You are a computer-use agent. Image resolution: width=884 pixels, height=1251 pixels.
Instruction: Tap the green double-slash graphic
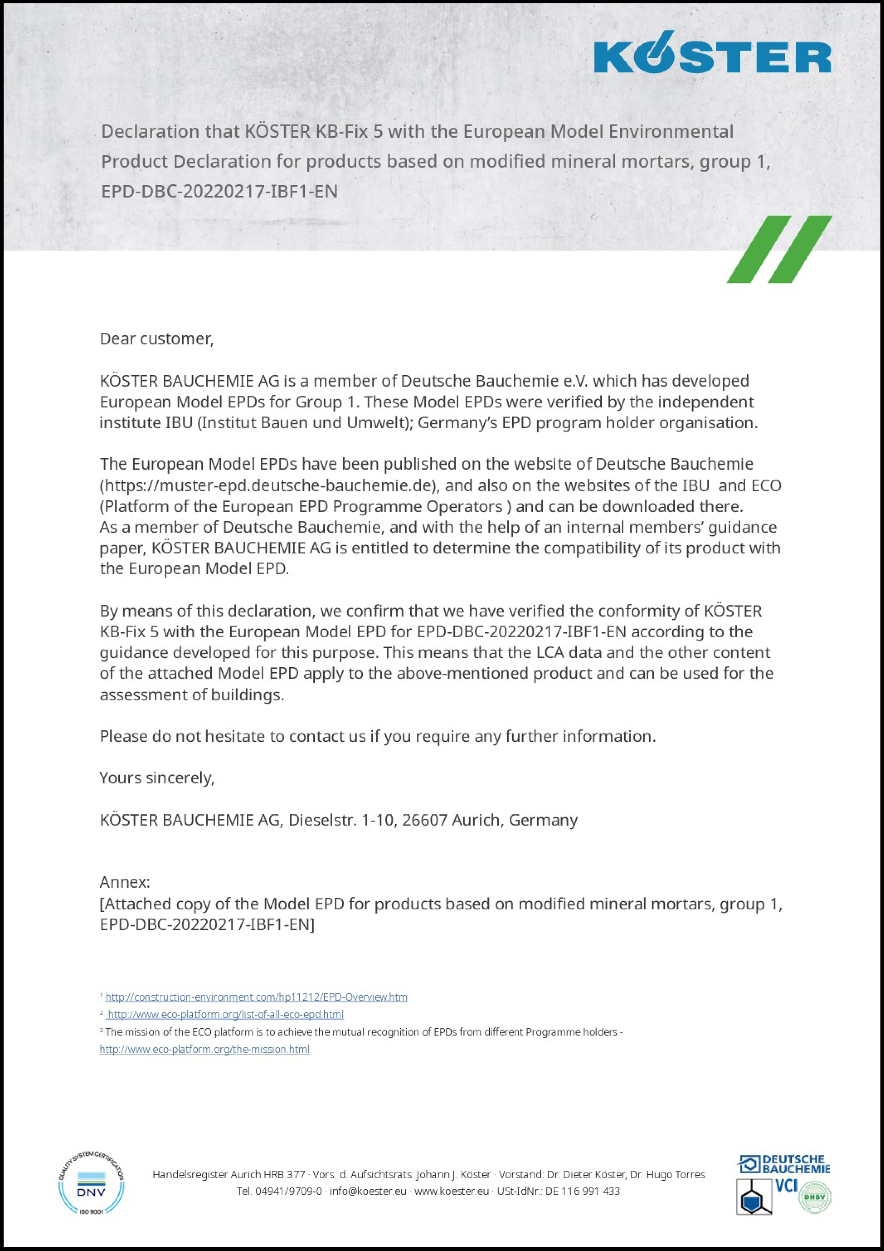(779, 249)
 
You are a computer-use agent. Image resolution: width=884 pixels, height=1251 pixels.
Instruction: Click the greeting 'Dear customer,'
(156, 338)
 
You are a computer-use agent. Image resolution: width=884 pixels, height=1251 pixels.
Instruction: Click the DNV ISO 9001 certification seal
(91, 1182)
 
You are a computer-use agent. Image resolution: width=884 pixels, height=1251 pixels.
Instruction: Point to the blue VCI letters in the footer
(786, 1185)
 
